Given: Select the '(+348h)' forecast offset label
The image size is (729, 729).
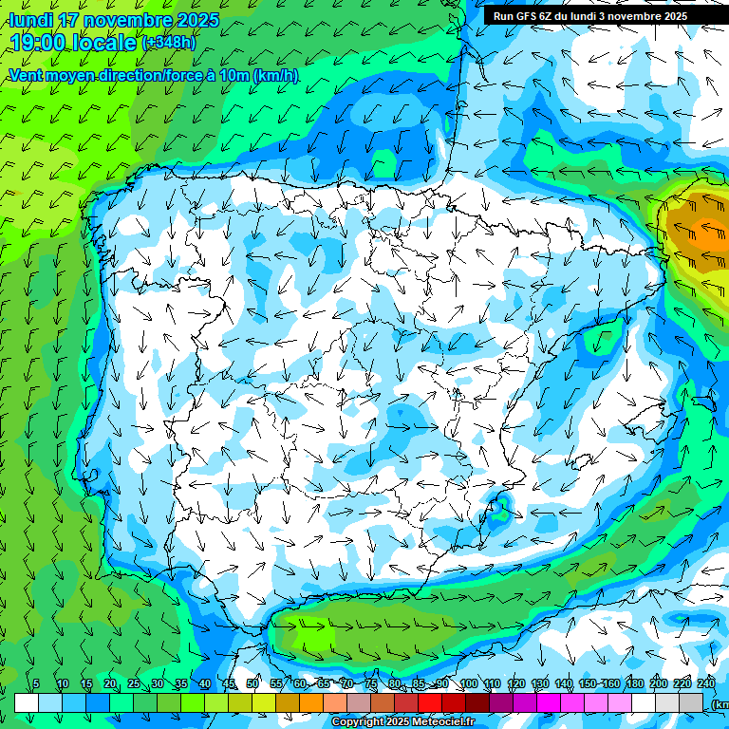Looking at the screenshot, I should (x=168, y=43).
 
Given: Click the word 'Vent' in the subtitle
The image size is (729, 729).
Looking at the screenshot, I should (x=27, y=76).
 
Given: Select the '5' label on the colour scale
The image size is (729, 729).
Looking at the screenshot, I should (x=36, y=684).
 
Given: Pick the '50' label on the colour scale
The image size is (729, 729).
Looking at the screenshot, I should (x=252, y=684).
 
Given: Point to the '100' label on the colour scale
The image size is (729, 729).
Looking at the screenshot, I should (x=468, y=684).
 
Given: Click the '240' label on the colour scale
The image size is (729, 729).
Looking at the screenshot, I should (x=706, y=684).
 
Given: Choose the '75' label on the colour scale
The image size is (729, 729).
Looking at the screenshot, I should (x=371, y=684).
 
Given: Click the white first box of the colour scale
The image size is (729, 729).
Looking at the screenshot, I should (x=27, y=702).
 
